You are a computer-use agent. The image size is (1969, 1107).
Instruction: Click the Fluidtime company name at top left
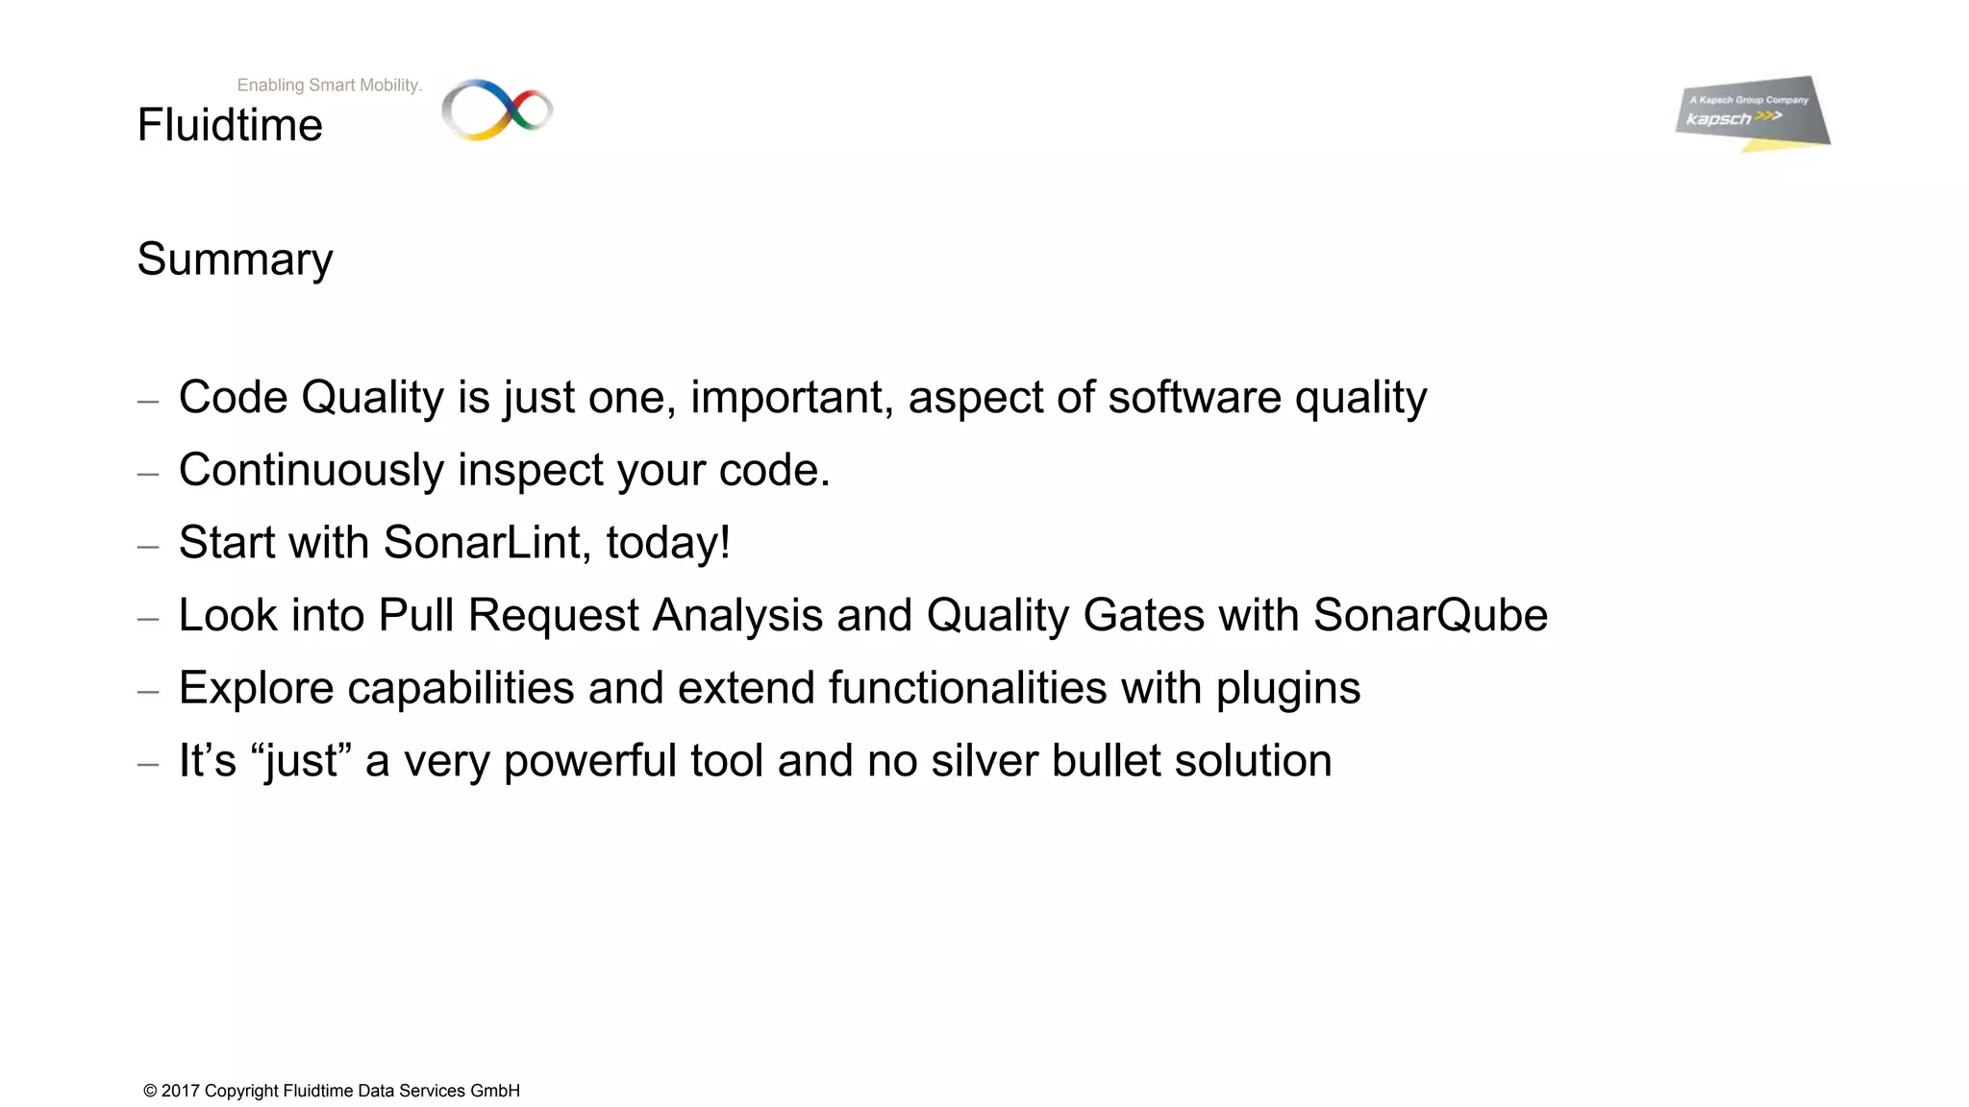coord(230,125)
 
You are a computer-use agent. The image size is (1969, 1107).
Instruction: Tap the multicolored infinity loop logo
coord(497,110)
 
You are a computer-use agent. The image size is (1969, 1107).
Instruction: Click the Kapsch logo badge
coord(1752,112)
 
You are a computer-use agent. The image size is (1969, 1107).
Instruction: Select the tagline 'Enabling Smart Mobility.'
coord(329,85)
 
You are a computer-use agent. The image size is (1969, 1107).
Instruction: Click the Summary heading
coord(235,259)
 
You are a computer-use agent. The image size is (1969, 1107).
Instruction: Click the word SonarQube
coord(1431,615)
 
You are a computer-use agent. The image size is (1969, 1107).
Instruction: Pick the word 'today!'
coord(668,542)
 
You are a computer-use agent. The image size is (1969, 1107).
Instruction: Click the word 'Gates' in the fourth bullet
coord(1143,615)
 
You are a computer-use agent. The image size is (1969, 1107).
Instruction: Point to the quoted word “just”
coord(301,760)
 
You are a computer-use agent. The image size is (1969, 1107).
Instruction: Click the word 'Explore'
coord(256,688)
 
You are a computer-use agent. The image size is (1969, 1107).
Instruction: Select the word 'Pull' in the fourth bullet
coord(415,615)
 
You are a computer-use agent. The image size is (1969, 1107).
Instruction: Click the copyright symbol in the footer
coord(150,1091)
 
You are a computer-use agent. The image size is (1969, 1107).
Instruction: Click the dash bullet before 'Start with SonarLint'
coord(148,546)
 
